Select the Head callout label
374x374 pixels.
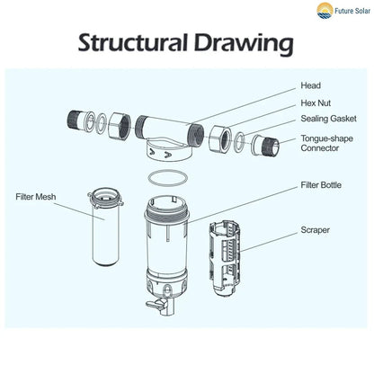click(x=310, y=87)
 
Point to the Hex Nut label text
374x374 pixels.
click(x=316, y=104)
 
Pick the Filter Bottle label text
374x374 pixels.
click(x=325, y=185)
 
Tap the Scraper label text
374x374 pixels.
click(x=316, y=229)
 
